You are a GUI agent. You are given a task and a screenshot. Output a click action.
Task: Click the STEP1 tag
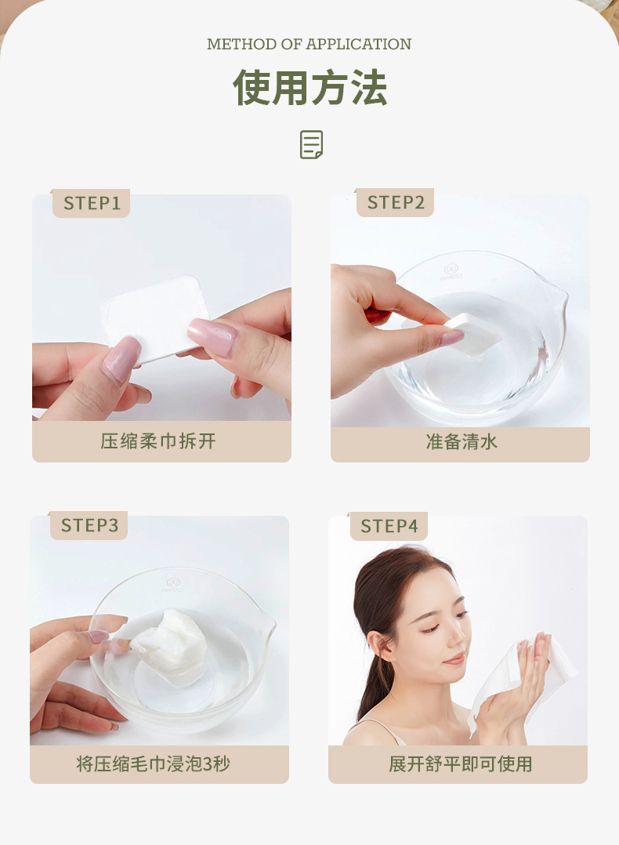pos(91,203)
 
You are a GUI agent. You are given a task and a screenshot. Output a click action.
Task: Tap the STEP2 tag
pos(395,202)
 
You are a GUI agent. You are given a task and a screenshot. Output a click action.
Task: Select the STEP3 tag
pos(89,525)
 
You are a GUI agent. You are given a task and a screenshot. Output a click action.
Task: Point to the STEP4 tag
pos(389,526)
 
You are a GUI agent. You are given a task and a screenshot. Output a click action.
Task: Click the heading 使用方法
pos(309,88)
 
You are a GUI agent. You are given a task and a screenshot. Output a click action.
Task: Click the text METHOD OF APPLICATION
pos(309,44)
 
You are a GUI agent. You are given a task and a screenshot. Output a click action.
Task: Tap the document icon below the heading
pos(311,144)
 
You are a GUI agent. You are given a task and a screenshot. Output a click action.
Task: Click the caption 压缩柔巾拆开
pos(157,441)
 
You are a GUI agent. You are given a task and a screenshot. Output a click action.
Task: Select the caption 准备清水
pos(462,442)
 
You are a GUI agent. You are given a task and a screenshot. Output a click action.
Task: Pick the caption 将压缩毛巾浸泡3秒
pos(153,763)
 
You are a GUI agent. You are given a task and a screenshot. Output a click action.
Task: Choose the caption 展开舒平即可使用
pos(460,763)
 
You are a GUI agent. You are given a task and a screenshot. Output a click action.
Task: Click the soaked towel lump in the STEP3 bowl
pos(170,646)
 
